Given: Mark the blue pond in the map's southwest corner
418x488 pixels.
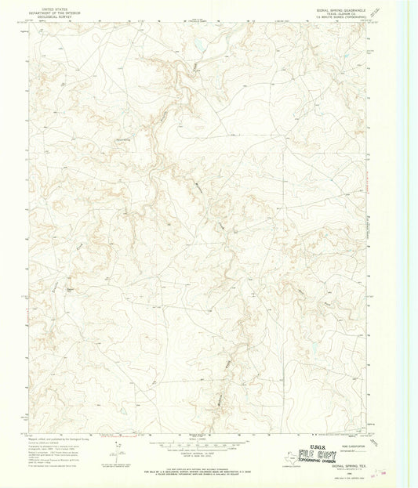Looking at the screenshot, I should coord(123,408).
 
